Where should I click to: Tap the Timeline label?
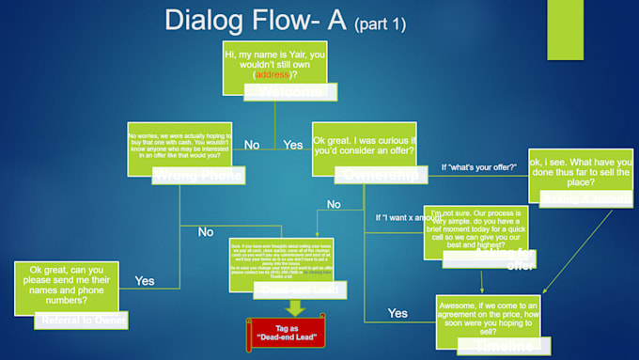point(500,346)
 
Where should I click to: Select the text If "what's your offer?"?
point(479,167)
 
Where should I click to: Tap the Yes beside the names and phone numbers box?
point(145,280)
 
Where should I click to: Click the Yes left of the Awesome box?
point(398,313)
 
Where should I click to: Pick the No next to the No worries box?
point(252,146)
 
